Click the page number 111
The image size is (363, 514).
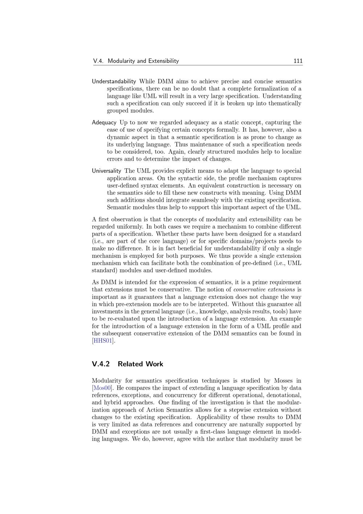[298, 61]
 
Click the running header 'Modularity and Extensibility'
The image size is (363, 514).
[143, 61]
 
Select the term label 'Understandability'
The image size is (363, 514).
[114, 81]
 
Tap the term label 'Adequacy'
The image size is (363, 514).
[104, 123]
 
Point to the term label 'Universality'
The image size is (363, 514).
[106, 171]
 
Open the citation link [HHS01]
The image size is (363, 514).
[103, 341]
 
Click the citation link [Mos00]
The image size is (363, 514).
[102, 388]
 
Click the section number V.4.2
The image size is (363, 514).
[101, 364]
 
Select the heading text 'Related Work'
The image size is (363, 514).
[140, 364]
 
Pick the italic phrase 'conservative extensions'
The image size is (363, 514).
[264, 290]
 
